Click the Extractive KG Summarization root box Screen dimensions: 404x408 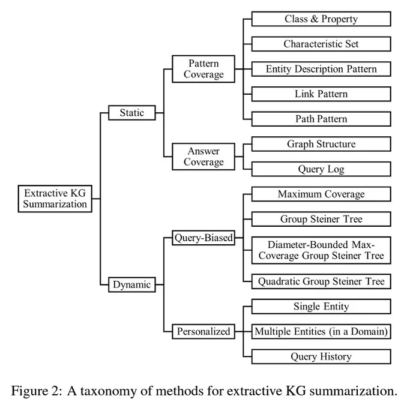coord(55,199)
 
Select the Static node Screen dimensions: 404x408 coord(131,113)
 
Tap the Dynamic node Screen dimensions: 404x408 coord(131,284)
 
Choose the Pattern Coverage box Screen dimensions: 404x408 coord(204,69)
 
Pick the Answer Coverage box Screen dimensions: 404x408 coord(204,157)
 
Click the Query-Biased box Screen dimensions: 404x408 coord(204,238)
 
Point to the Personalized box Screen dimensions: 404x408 coord(204,331)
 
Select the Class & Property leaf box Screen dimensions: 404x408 coord(321,19)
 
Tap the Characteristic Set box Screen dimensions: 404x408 coord(321,44)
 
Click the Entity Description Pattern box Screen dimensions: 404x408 coord(321,69)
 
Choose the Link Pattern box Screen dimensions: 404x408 coord(321,94)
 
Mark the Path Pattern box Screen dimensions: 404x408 coord(321,119)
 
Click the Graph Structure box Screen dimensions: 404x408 coord(321,144)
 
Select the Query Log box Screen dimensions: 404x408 coord(321,169)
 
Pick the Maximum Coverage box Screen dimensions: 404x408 coord(321,194)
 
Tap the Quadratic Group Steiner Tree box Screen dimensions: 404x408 coord(321,281)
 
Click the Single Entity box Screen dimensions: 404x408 coord(321,307)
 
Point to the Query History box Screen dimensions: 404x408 coord(321,356)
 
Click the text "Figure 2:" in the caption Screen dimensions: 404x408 coord(37,391)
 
